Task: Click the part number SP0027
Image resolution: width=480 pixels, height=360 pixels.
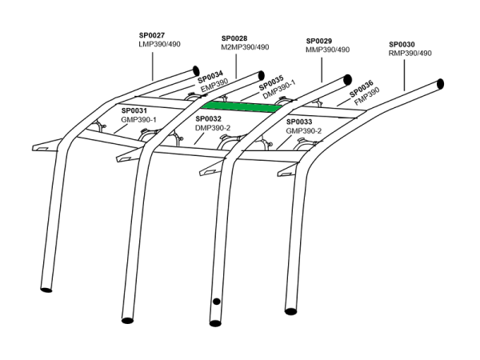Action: click(x=152, y=36)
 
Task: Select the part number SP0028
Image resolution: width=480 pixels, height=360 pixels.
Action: click(x=234, y=38)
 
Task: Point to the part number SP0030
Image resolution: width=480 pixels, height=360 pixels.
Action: click(x=402, y=44)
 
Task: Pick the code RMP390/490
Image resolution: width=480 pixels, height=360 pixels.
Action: click(x=410, y=54)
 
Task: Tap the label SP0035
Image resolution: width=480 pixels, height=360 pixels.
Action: click(x=271, y=82)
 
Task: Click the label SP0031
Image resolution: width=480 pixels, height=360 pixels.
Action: click(x=134, y=110)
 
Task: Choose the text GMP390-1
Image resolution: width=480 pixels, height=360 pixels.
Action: click(x=138, y=119)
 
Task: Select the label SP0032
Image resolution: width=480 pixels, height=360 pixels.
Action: click(x=208, y=118)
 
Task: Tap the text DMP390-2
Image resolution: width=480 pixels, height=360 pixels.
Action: click(x=213, y=128)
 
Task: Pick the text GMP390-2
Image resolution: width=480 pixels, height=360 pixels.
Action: click(x=304, y=130)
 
